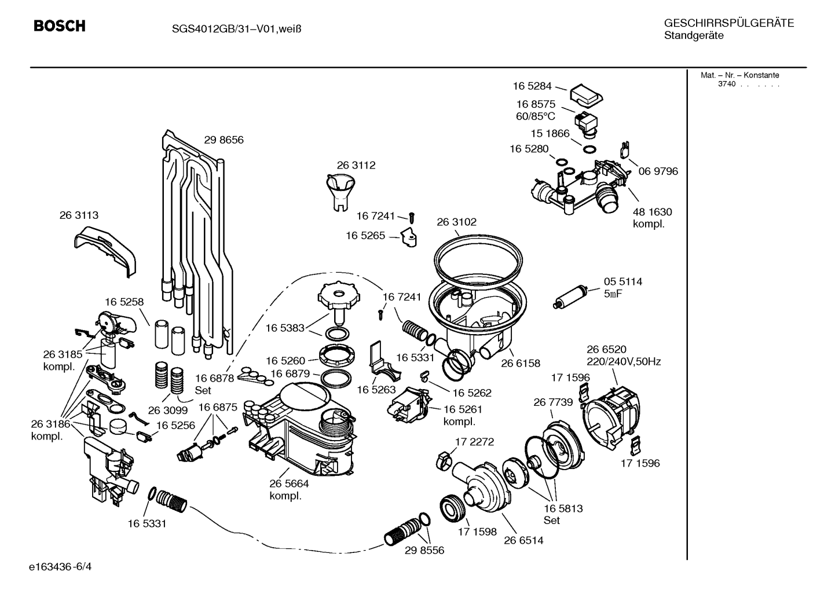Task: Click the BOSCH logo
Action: pos(60,25)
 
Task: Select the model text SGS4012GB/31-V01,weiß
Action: pos(236,29)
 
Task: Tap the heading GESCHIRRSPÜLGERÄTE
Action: pos(729,23)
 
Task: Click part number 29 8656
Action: pos(224,140)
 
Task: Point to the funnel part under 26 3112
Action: pos(340,193)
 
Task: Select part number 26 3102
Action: pos(457,222)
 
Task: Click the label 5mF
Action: pos(613,294)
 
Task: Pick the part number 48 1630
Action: pos(653,212)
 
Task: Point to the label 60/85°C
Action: pos(536,116)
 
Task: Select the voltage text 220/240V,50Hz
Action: pos(624,361)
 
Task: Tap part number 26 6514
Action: pos(523,540)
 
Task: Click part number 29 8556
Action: pos(424,550)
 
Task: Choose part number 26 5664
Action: pos(290,483)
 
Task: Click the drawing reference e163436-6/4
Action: pos(60,567)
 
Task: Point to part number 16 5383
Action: pos(285,328)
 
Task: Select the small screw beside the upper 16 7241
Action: pos(412,218)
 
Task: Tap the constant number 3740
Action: pos(727,84)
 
